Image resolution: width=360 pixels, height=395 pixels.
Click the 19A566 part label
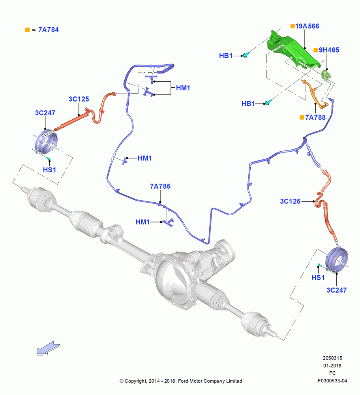point(307,26)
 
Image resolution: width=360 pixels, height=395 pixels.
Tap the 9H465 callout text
point(329,50)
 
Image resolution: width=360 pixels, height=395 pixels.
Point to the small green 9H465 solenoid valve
point(326,75)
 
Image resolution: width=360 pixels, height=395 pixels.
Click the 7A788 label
point(315,117)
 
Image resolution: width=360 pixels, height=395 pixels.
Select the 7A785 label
point(160,186)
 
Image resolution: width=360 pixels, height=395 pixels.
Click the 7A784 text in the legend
point(48,30)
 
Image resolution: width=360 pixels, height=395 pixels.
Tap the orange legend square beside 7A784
point(28,30)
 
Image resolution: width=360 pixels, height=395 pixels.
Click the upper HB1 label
point(225,56)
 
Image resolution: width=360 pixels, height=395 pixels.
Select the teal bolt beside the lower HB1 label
point(268,102)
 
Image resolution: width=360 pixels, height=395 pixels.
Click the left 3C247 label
point(45,113)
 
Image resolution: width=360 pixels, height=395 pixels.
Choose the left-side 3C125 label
point(79,99)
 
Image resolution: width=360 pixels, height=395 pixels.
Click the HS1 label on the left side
point(49,170)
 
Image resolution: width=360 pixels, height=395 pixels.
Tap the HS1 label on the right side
point(318,278)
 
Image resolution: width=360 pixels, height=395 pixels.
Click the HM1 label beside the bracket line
point(183,88)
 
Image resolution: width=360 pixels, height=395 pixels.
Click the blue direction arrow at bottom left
point(49,348)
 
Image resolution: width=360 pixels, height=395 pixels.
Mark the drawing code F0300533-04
point(332,381)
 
